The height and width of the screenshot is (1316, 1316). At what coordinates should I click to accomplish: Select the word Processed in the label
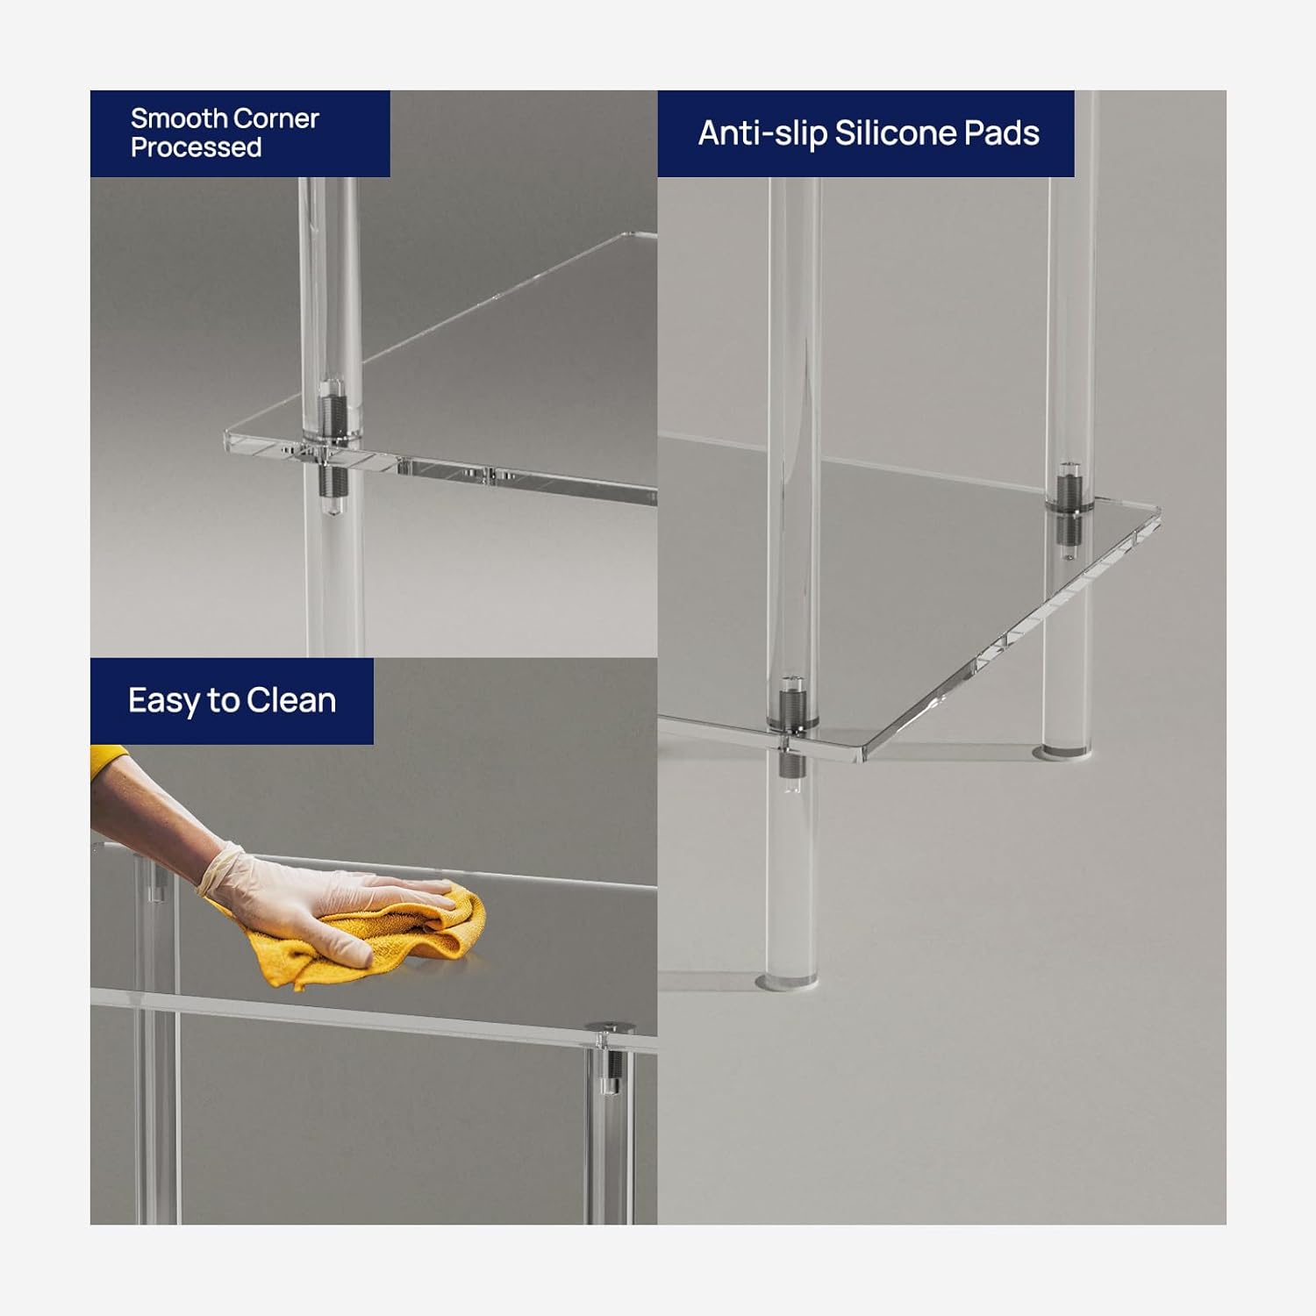(x=197, y=147)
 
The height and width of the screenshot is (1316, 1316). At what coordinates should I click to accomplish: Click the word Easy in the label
(x=165, y=702)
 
